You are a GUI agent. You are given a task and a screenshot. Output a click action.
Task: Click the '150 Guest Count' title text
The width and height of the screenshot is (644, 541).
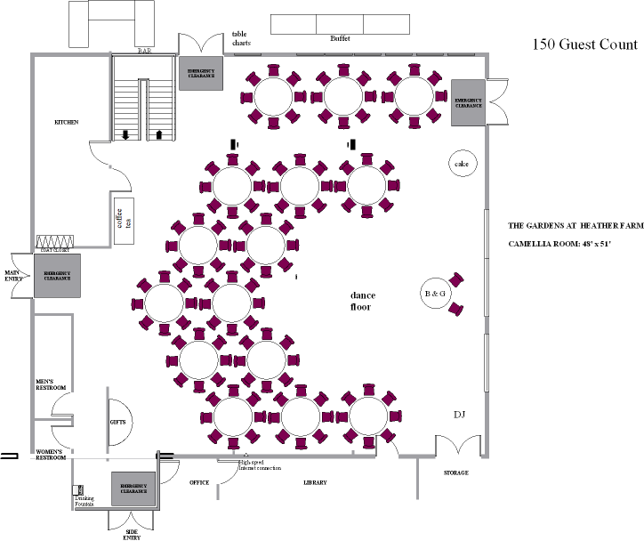click(584, 44)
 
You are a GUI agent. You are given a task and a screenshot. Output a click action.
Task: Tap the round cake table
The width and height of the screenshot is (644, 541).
click(461, 164)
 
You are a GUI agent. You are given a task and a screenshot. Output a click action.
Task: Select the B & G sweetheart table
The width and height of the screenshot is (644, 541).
click(436, 293)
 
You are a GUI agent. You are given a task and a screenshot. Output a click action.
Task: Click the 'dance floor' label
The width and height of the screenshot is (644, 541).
click(360, 301)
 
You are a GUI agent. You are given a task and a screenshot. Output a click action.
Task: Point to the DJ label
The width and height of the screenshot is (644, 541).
click(460, 416)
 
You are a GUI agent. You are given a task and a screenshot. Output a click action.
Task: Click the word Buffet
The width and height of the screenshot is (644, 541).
click(340, 40)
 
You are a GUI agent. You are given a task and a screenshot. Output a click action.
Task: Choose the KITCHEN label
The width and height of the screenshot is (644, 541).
click(68, 122)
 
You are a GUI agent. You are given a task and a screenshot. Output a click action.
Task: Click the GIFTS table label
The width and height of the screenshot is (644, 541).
click(117, 423)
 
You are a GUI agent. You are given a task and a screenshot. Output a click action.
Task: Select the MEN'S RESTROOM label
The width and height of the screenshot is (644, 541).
click(49, 384)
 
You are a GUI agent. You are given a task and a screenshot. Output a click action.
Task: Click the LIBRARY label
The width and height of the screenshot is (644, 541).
click(315, 483)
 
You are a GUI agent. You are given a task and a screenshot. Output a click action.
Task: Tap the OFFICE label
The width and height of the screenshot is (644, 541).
click(199, 482)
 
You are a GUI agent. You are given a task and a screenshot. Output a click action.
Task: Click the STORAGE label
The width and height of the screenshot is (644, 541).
click(455, 472)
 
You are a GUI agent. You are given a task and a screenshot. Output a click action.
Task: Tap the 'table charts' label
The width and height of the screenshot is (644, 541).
click(240, 38)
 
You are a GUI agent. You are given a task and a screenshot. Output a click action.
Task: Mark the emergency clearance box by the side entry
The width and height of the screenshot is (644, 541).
click(132, 489)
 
